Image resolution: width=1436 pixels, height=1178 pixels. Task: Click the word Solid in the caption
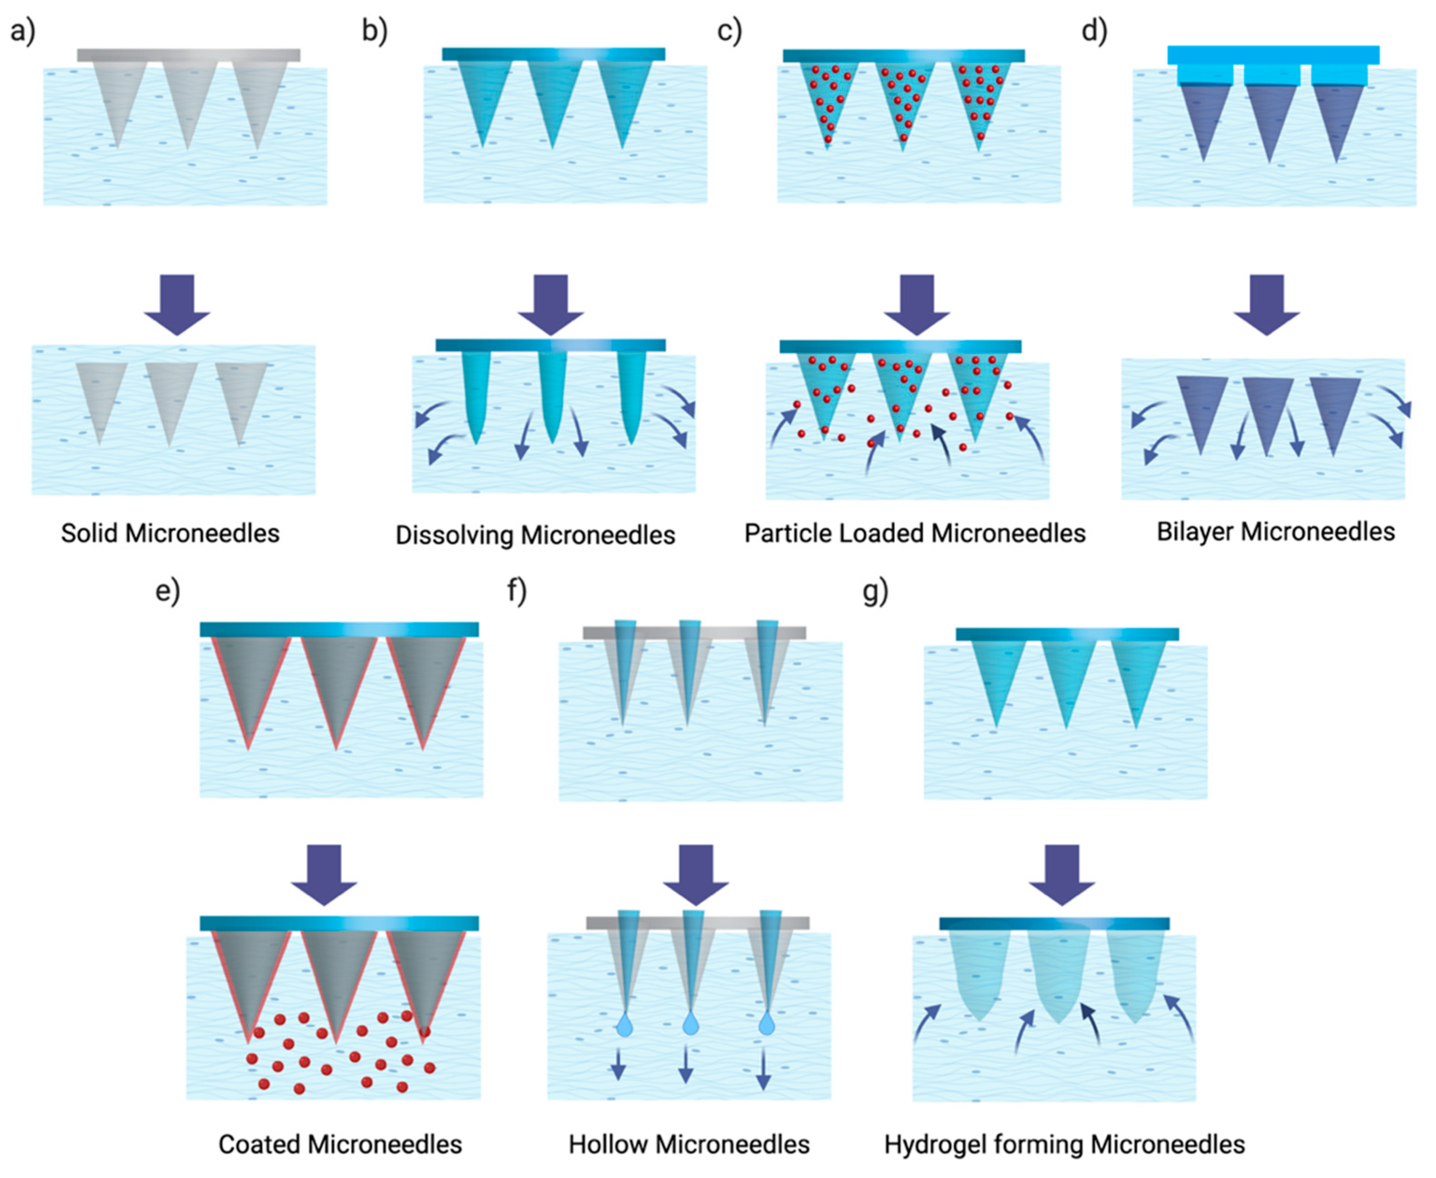point(90,533)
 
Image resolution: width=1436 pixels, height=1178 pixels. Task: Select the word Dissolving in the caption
point(455,536)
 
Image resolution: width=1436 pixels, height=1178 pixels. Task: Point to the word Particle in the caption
point(788,533)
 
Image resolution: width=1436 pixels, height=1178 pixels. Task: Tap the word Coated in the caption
point(260,1145)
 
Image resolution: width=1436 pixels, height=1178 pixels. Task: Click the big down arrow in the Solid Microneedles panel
point(177,304)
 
